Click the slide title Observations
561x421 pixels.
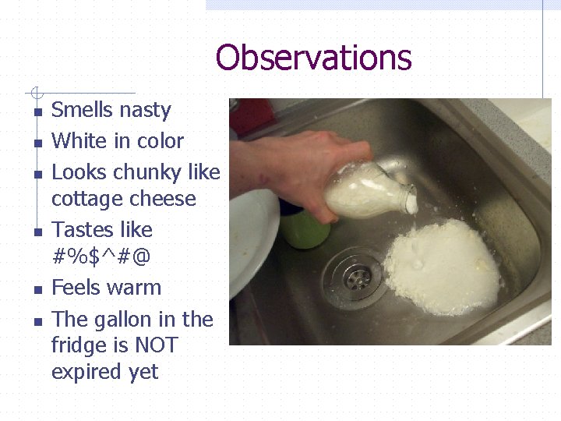pos(313,58)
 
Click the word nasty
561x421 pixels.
pos(146,110)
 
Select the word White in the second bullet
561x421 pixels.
pos(76,141)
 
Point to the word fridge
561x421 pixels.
pos(76,345)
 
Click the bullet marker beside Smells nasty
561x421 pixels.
pos(37,112)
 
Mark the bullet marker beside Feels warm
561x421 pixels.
pos(37,290)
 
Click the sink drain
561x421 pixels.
pos(355,277)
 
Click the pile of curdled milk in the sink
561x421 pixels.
pos(444,265)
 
